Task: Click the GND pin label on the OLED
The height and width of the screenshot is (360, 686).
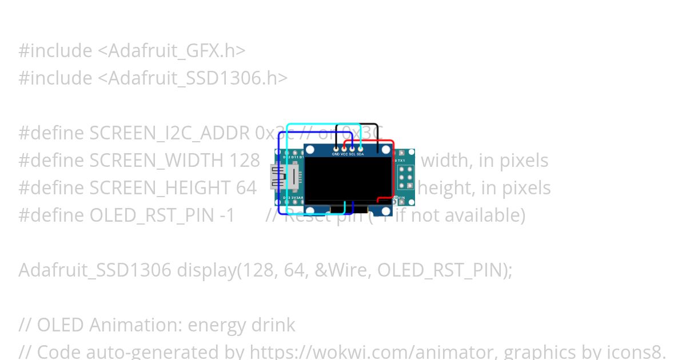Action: tap(336, 154)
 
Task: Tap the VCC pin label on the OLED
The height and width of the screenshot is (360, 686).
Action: tap(344, 154)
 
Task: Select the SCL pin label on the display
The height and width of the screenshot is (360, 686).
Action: tap(352, 154)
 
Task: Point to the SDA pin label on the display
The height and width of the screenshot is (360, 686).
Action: tap(360, 154)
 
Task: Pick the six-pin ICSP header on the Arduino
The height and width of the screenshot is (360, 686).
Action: tap(405, 178)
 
